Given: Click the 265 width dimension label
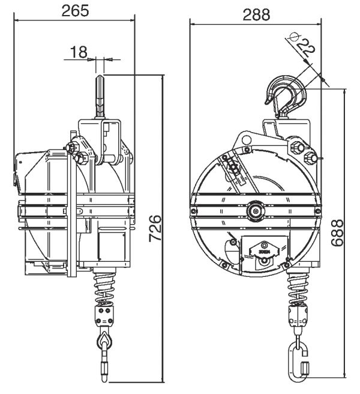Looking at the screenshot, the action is [75, 11].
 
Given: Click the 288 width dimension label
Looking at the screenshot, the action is [256, 15].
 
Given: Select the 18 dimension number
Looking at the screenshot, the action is [79, 52].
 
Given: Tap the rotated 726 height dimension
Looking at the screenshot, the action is [155, 228].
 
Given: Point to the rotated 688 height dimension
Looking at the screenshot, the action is [337, 233].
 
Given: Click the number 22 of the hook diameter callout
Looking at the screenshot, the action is [305, 47].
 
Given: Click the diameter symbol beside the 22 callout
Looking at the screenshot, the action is [293, 37].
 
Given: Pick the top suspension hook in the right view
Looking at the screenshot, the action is [286, 97].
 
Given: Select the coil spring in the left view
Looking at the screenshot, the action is [104, 288].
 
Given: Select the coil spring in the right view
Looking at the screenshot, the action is [298, 288].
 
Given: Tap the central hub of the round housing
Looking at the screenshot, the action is [256, 211].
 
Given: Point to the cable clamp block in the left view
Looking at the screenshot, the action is [104, 315].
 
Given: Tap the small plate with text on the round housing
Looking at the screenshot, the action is [263, 252].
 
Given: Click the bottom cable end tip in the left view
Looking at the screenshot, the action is [104, 378].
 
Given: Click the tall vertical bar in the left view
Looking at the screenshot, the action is [72, 204].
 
